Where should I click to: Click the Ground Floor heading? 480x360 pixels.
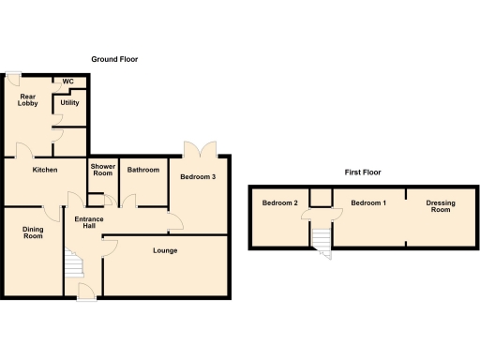114,59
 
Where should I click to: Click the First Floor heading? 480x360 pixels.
362,172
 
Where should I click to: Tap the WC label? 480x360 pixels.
67,82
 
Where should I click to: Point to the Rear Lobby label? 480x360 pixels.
28,99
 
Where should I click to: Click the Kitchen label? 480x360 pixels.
45,170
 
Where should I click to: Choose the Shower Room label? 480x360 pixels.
102,170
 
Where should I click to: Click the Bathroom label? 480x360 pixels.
143,170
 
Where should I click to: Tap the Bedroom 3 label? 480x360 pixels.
198,177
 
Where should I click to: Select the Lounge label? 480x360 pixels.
165,250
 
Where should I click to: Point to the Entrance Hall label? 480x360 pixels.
88,224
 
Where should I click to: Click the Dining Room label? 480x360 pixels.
34,232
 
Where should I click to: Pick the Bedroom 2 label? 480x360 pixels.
279,203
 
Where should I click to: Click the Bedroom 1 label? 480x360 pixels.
368,203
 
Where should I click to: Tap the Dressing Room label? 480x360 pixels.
440,206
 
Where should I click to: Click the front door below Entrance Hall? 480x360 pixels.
84,291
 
